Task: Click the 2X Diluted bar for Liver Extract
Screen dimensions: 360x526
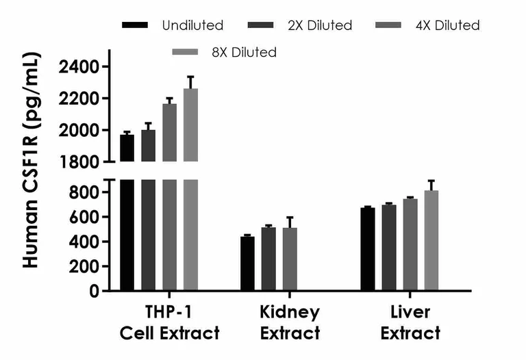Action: coord(389,248)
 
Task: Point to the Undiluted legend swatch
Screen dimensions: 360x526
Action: coord(135,25)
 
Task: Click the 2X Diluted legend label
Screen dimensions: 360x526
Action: coord(321,25)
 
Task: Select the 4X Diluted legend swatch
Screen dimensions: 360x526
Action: coord(390,25)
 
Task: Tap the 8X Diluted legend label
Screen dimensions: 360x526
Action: coord(244,52)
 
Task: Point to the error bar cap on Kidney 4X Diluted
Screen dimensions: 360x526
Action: coord(290,217)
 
